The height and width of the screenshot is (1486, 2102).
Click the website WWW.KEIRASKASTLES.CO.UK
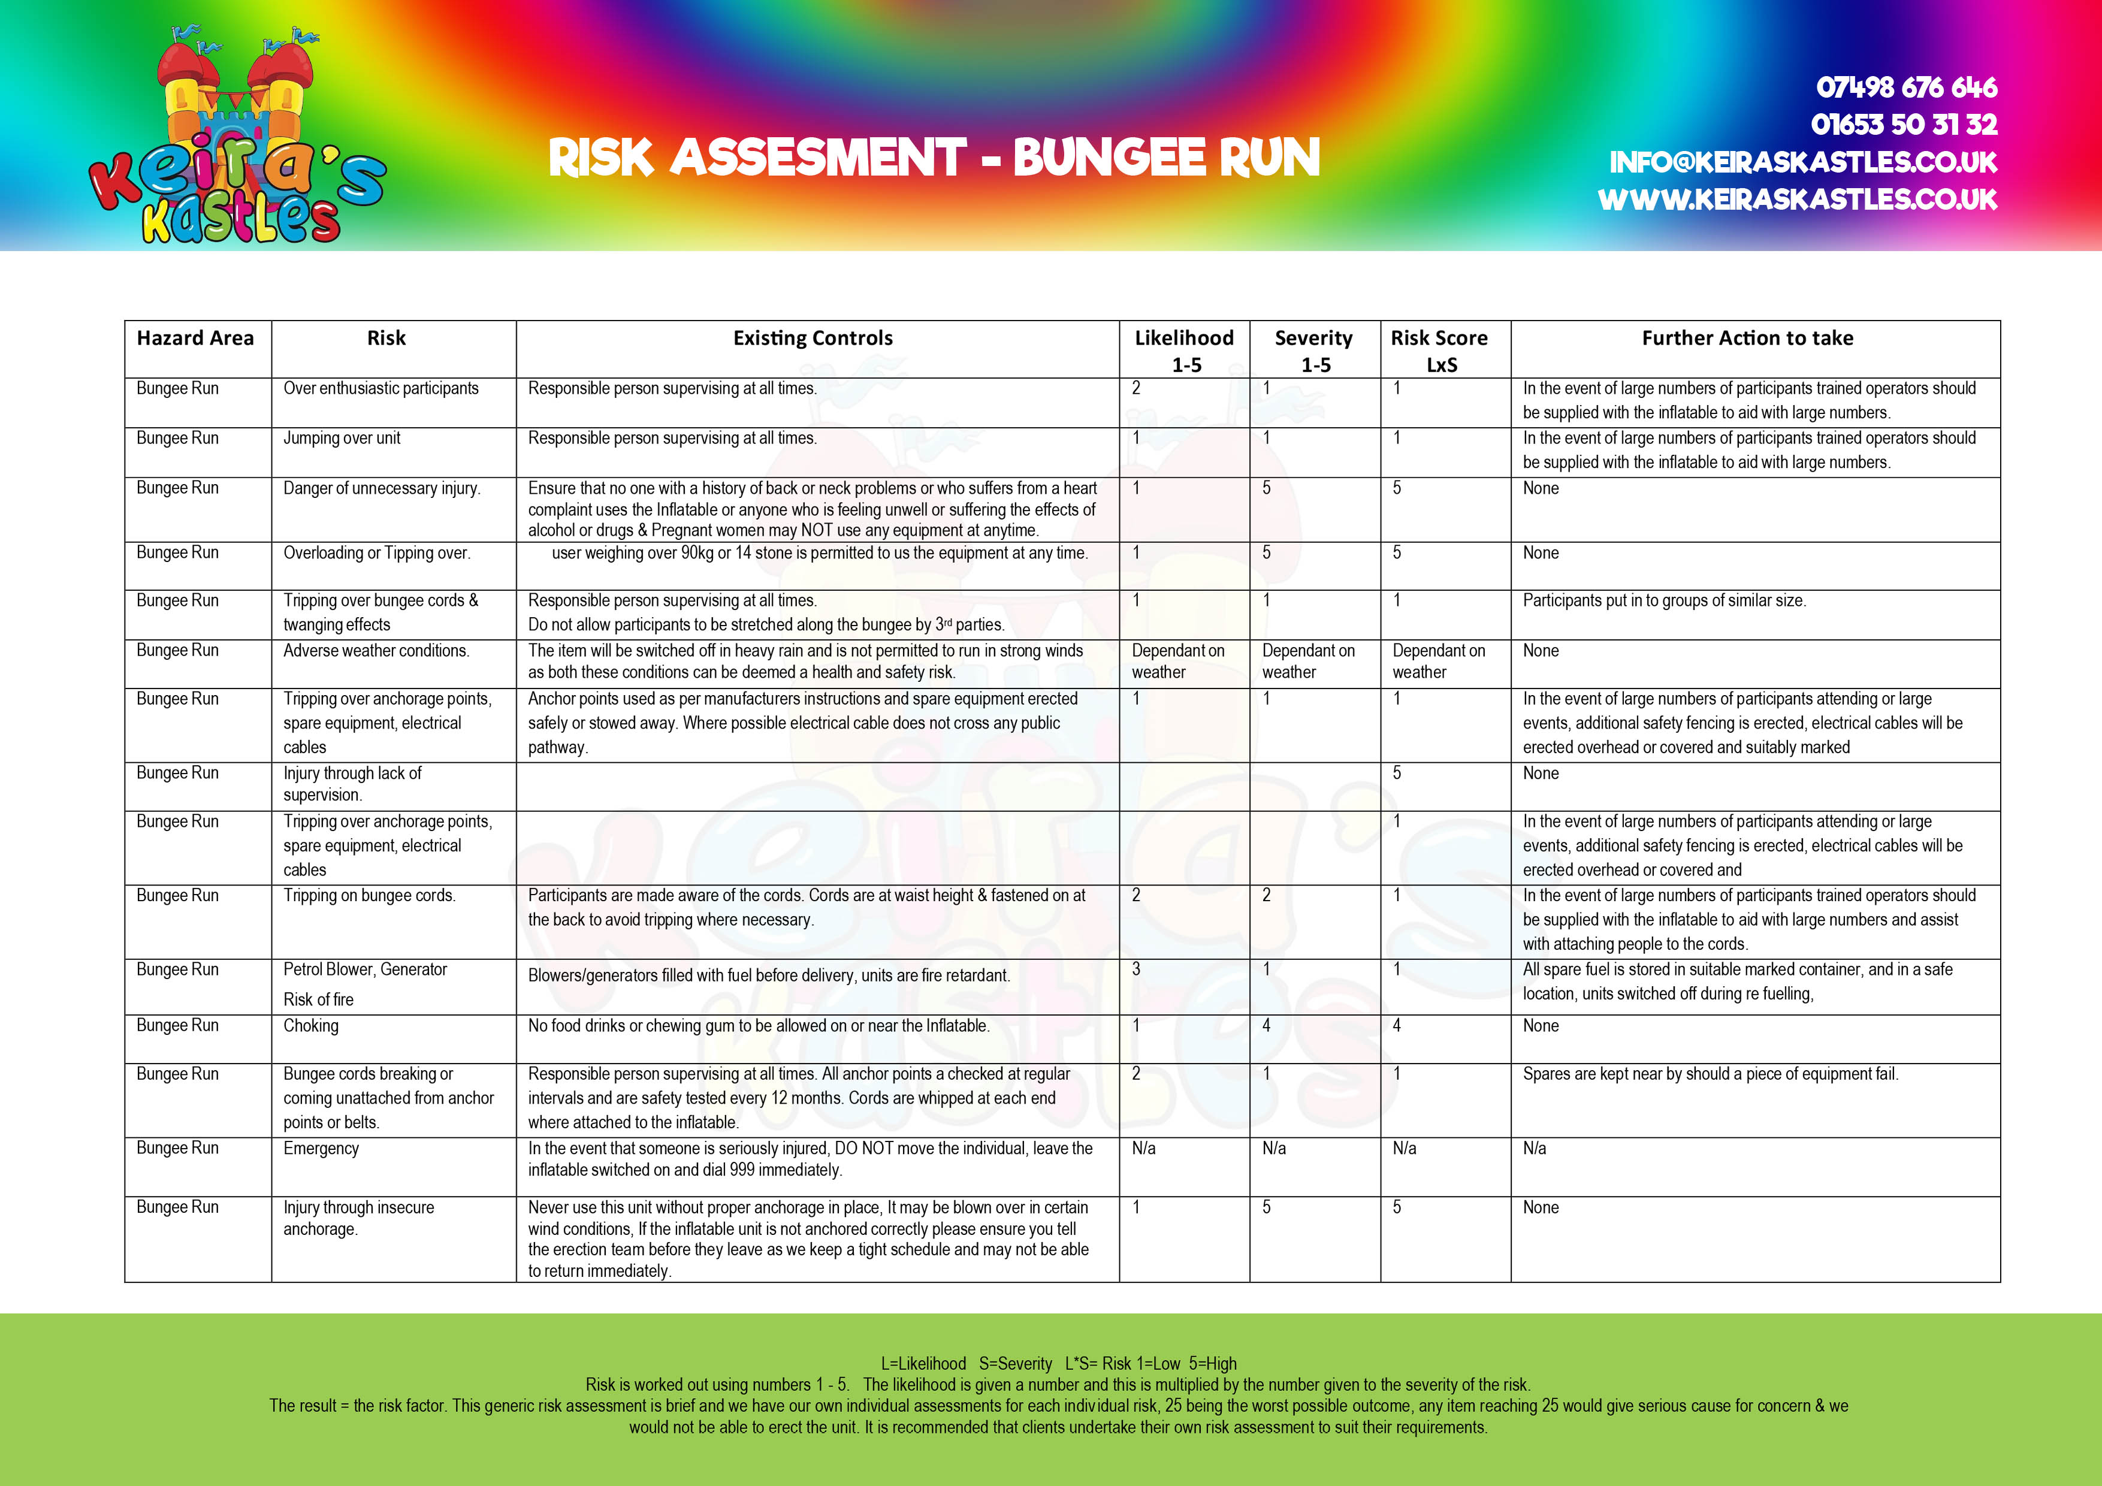(1797, 200)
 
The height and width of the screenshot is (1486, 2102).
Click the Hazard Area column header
(195, 338)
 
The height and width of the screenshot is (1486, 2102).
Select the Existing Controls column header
(813, 338)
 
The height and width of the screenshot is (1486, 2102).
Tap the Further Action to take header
(1747, 338)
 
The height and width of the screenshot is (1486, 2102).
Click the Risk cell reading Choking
(311, 1025)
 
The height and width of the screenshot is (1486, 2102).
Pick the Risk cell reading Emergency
(321, 1148)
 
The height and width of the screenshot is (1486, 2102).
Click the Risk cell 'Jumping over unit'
(342, 437)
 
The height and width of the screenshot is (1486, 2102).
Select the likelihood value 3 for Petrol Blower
(1136, 969)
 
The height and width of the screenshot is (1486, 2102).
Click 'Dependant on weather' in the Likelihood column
(1177, 661)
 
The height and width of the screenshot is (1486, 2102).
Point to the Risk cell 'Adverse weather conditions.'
(376, 650)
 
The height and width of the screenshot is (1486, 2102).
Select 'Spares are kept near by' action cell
(1710, 1074)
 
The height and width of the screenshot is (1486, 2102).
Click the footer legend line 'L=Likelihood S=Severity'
(1058, 1363)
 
